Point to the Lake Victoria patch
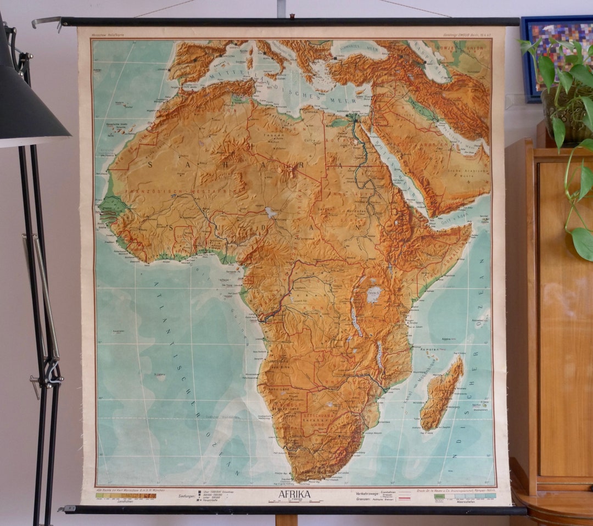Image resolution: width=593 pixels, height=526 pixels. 374,294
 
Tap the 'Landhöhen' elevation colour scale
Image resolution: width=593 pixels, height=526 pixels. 126,495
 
